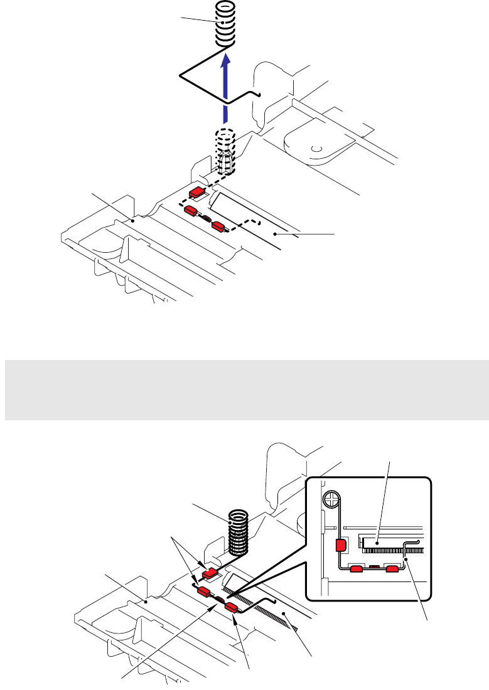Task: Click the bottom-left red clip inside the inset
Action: click(357, 569)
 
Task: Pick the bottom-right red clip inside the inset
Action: click(393, 569)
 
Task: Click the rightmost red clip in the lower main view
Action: click(231, 607)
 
